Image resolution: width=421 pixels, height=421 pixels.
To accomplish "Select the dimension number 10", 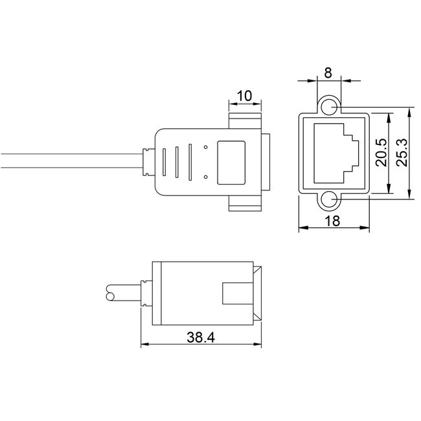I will point(244,96).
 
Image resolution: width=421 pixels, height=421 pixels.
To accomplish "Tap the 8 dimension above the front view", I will point(328,73).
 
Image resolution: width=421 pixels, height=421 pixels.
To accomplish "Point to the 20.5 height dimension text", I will point(381,154).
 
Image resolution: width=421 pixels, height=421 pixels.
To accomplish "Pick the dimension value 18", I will point(333,220).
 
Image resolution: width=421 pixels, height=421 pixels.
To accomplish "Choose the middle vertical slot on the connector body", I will point(177,163).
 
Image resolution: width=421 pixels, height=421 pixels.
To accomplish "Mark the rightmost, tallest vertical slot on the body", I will point(190,161).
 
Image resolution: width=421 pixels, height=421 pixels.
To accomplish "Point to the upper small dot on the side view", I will point(206,148).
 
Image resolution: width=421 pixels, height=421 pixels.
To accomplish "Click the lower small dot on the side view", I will point(206,176).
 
